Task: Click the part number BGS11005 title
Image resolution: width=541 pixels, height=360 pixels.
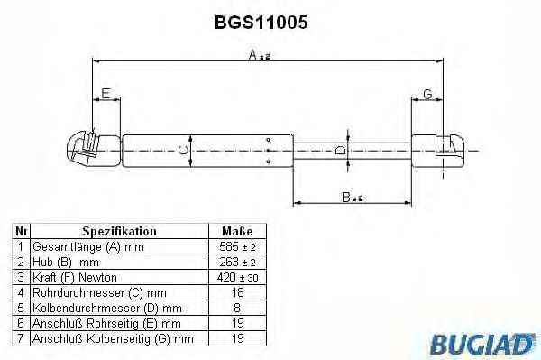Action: tap(261, 23)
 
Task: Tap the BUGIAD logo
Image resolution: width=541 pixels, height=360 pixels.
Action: tap(483, 344)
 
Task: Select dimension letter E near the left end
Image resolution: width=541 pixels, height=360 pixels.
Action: tap(105, 93)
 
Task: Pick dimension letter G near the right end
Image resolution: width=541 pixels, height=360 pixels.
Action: tap(427, 94)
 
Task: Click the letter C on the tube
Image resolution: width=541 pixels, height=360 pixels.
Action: tap(183, 150)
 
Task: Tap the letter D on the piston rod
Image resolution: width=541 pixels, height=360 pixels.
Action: tap(340, 151)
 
